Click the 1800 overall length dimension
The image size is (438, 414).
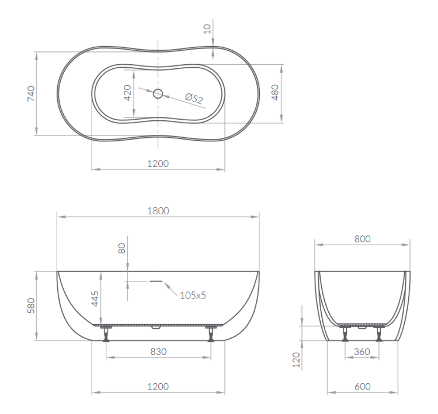pos(158,211)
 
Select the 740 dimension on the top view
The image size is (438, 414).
pos(31,93)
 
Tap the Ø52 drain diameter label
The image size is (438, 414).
pos(193,99)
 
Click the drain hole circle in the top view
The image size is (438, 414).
pos(158,93)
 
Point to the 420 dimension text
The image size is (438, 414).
pos(128,93)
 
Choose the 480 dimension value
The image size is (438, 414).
pos(276,92)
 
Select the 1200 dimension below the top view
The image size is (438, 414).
pos(158,163)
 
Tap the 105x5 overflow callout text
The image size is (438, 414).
pos(193,295)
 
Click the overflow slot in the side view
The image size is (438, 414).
pos(157,280)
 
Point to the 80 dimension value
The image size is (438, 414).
pos(121,248)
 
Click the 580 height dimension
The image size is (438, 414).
pos(30,306)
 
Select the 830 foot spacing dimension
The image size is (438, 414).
pos(158,352)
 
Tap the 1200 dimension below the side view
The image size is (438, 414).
pos(158,387)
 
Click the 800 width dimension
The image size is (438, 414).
pos(361,239)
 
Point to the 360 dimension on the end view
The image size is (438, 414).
pos(361,352)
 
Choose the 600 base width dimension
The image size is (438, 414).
pos(361,387)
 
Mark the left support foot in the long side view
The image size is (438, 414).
pos(106,335)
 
